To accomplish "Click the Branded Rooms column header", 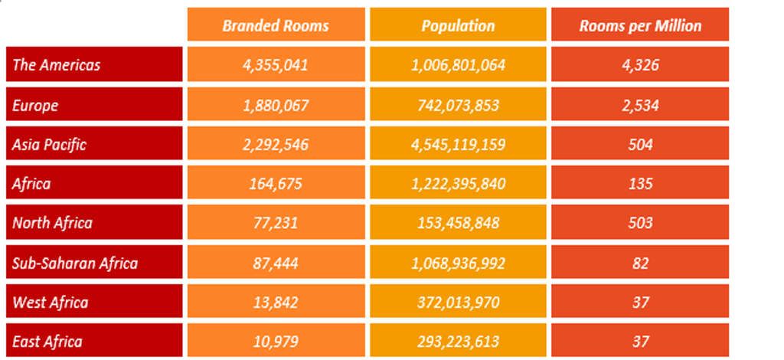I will [276, 25].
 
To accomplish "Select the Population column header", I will [458, 25].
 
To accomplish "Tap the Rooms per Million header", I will [640, 25].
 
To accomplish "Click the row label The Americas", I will [57, 64].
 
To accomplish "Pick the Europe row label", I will [35, 104].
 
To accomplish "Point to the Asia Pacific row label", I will [49, 144].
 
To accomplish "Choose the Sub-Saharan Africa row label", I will [75, 263].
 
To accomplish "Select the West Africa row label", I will [51, 302].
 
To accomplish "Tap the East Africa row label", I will [47, 341].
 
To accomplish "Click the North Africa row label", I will [52, 223].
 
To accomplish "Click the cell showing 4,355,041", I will [276, 64].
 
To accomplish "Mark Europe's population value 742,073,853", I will [458, 104].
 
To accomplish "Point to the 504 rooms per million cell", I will [640, 144].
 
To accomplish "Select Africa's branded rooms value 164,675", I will [276, 184].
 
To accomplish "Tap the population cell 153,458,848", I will [458, 223].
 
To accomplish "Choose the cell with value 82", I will [640, 263].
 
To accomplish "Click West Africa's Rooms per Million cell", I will [640, 302].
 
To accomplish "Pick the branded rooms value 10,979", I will [276, 341].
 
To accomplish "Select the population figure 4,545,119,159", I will [458, 144].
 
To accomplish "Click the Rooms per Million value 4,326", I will [640, 64].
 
